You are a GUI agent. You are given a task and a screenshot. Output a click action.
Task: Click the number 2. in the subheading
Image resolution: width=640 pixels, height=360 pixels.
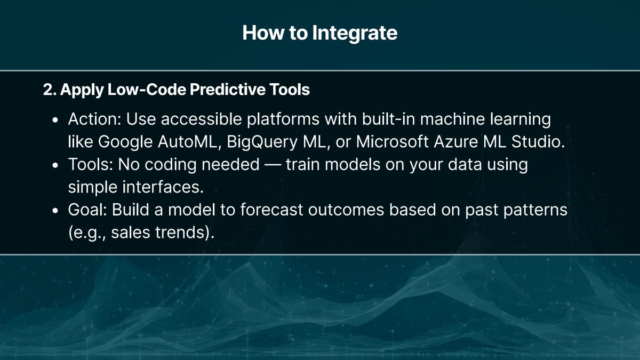pyautogui.click(x=50, y=90)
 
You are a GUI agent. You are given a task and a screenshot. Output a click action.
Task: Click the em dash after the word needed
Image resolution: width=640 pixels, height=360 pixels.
pyautogui.click(x=272, y=165)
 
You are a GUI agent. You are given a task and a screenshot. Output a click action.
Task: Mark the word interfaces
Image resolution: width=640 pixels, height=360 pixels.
pyautogui.click(x=167, y=187)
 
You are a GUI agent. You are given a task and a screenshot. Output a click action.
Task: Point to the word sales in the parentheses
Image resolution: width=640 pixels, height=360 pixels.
pyautogui.click(x=123, y=233)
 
